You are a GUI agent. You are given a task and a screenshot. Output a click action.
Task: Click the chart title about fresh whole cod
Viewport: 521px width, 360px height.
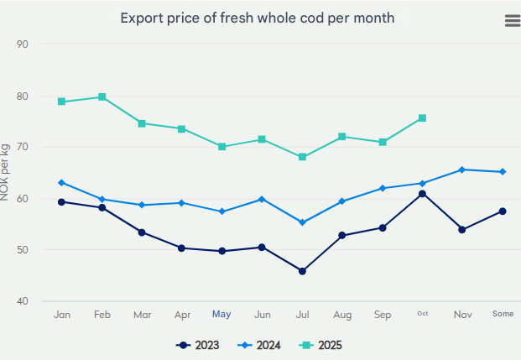[257, 18]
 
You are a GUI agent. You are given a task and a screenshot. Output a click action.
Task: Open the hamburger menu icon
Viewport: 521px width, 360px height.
[512, 21]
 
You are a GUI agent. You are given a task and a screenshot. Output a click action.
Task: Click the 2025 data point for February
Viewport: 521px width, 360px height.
[102, 97]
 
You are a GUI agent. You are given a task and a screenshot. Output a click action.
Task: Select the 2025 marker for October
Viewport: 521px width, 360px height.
[422, 118]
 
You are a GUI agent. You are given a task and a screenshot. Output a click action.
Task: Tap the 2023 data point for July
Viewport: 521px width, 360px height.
[302, 271]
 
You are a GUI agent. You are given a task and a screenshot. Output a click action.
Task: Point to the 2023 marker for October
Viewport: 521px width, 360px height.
[422, 194]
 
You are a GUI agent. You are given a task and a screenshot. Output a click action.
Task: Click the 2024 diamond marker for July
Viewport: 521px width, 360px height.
[302, 222]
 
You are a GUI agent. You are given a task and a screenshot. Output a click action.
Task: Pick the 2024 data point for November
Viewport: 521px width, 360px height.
[462, 170]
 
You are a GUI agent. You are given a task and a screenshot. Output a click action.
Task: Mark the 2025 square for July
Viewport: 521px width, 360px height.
[302, 157]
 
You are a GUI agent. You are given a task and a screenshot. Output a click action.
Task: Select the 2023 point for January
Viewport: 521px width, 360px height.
[62, 201]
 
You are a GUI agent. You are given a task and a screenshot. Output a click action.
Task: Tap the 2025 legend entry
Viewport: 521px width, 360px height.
[322, 345]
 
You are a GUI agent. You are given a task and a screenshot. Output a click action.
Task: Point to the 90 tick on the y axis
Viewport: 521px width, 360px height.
[23, 44]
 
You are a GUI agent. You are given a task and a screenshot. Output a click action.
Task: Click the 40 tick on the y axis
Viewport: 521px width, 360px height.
[23, 301]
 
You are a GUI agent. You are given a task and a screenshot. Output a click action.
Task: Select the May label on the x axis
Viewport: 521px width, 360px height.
[221, 315]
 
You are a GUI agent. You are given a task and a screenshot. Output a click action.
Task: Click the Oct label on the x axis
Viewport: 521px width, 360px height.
[422, 315]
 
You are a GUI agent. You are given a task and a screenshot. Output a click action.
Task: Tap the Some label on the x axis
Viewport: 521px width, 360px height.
[503, 315]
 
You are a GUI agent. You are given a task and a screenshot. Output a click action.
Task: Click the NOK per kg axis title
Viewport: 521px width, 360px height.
[6, 172]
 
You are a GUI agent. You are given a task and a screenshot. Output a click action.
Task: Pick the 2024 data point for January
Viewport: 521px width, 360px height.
[62, 182]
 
